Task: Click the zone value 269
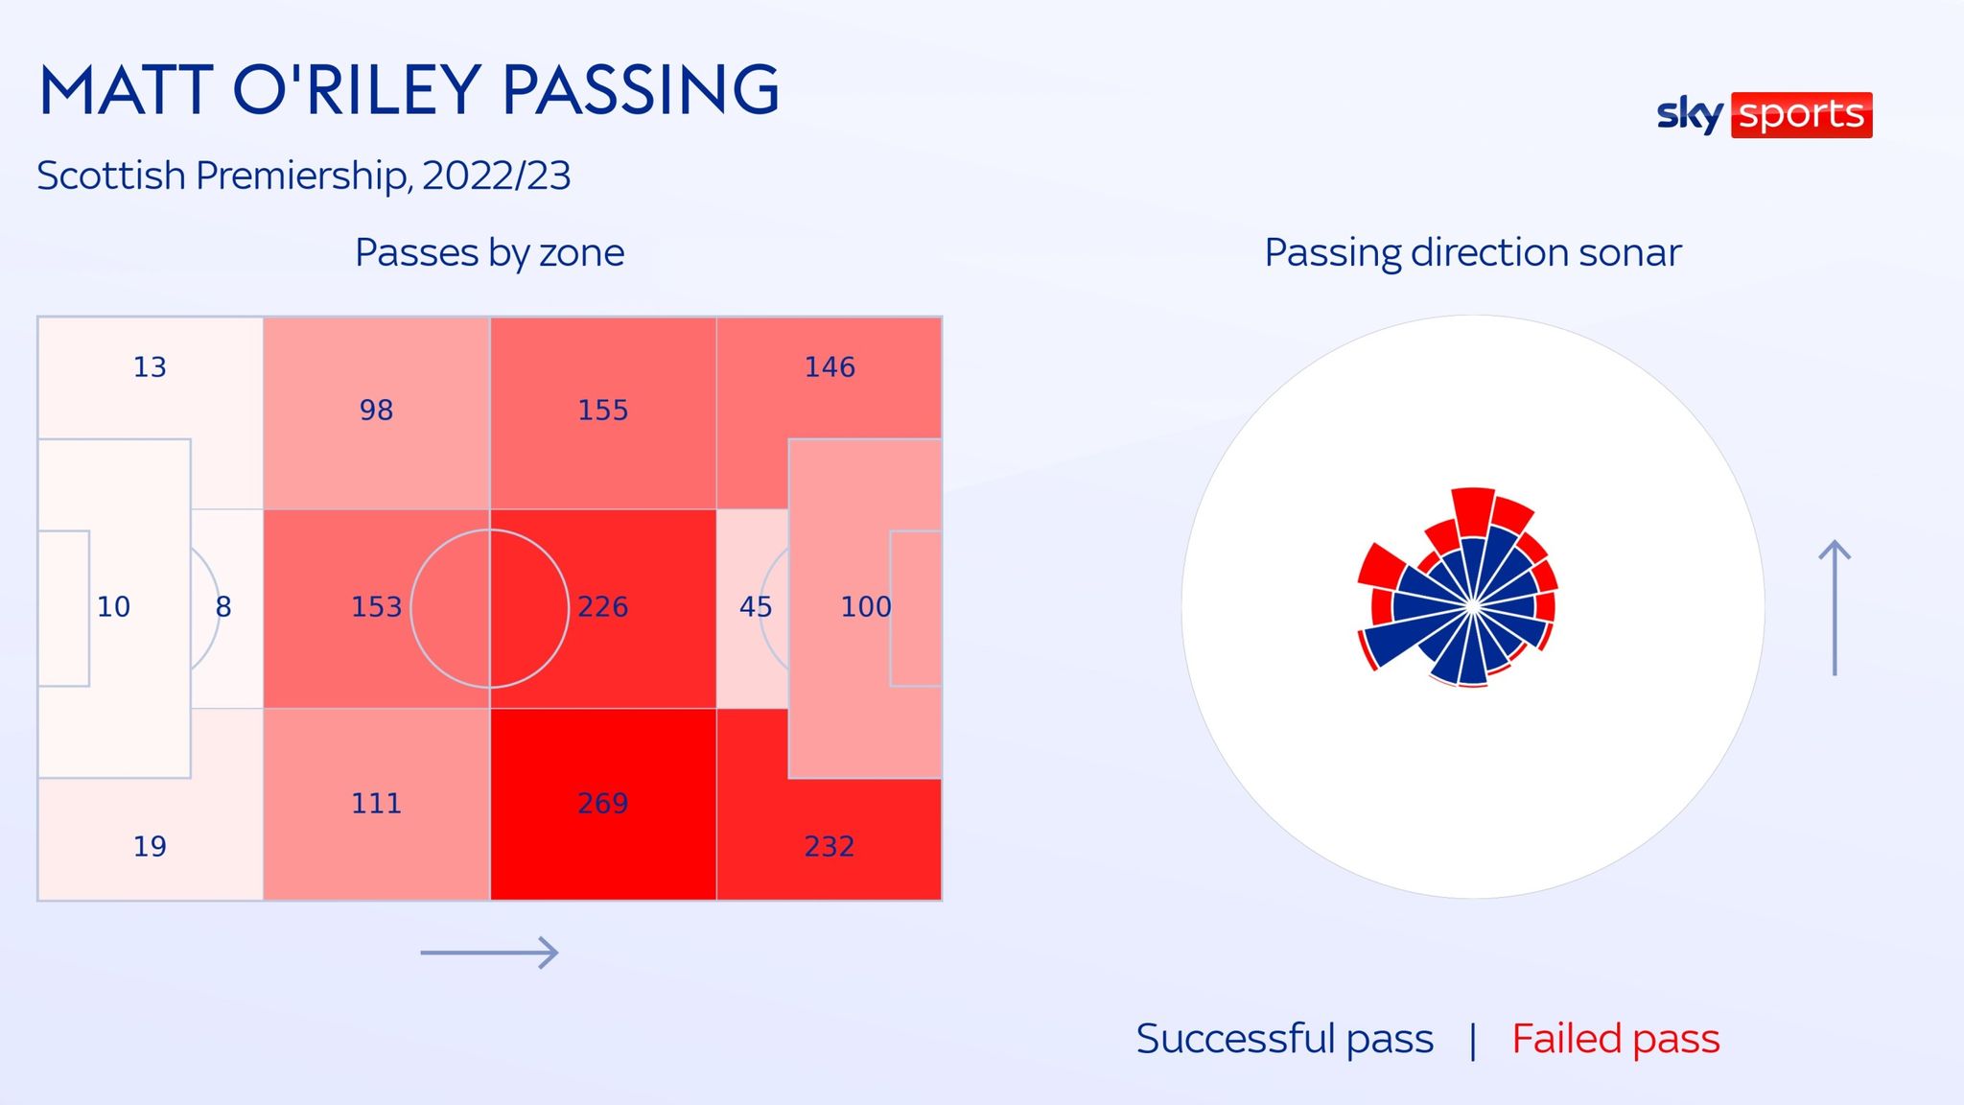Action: (602, 803)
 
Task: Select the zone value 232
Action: (829, 846)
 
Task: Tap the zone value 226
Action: (602, 606)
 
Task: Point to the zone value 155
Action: (602, 410)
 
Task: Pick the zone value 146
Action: (829, 366)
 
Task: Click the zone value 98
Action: (376, 410)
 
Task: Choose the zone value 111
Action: (376, 803)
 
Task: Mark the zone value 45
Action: (755, 606)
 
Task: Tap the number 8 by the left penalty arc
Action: (223, 606)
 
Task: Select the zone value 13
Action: (150, 366)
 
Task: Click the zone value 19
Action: (150, 846)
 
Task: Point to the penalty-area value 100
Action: (865, 606)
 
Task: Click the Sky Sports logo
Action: (1764, 115)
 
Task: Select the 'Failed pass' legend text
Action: (1615, 1039)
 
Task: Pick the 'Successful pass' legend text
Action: (1284, 1039)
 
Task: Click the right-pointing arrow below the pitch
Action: (489, 952)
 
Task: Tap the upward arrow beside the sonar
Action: (1835, 607)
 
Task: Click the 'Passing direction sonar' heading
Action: (1472, 253)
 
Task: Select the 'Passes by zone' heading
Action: (489, 253)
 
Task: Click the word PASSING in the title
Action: (640, 91)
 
